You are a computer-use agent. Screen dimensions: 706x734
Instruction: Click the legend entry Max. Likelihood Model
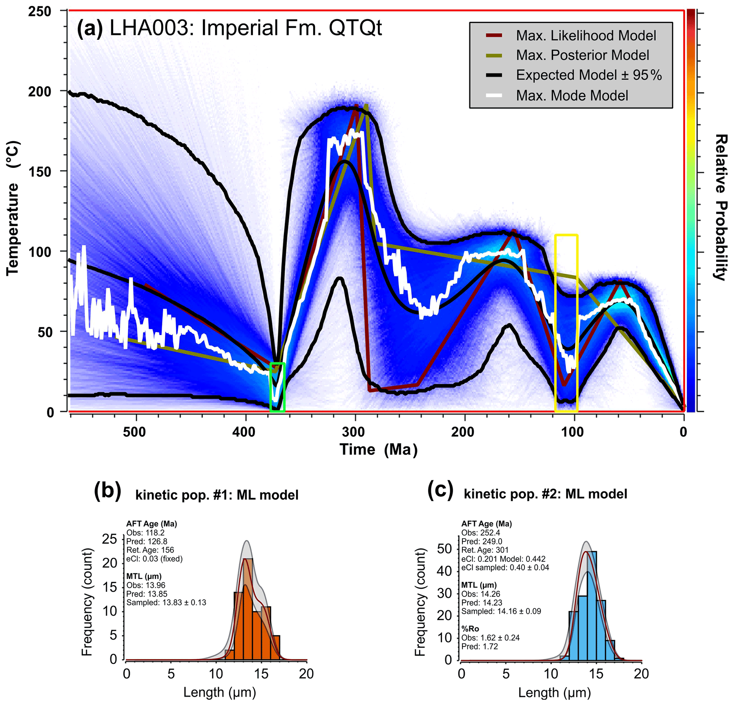click(586, 36)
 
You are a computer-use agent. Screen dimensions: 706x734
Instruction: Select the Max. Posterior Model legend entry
click(582, 55)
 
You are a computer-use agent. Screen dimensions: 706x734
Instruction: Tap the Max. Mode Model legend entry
click(572, 96)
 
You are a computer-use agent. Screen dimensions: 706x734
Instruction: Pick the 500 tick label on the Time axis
click(135, 432)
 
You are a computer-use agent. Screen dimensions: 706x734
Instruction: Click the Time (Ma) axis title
click(378, 450)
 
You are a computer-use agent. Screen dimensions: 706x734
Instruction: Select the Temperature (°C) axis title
click(13, 208)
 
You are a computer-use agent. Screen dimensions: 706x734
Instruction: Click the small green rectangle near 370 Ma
click(277, 387)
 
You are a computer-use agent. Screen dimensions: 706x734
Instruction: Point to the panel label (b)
click(108, 491)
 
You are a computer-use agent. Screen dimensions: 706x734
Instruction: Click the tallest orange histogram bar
click(248, 609)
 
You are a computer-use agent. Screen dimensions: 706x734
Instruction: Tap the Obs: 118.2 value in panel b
click(145, 533)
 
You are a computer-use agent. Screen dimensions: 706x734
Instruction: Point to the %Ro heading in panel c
click(470, 629)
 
